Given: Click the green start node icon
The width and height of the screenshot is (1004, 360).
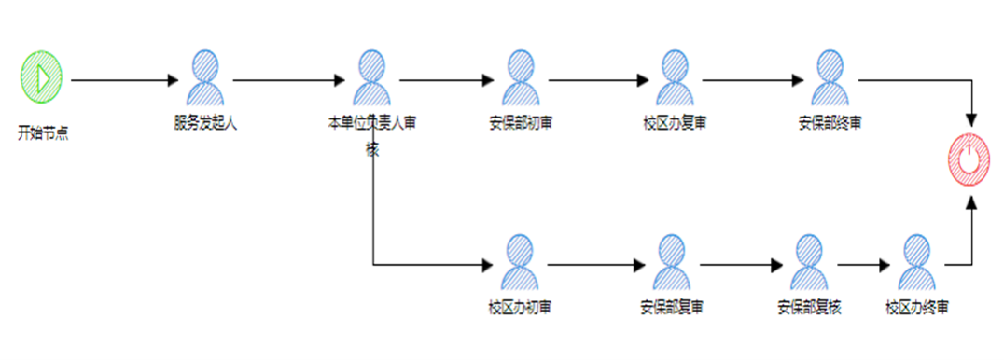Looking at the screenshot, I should (41, 77).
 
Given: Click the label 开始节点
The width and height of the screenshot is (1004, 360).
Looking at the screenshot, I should (43, 132).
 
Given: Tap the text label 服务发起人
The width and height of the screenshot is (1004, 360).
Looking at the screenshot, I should (205, 122).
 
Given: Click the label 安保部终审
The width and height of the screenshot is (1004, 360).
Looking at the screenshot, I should (830, 122).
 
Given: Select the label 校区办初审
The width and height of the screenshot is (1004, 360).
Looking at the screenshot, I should (520, 307).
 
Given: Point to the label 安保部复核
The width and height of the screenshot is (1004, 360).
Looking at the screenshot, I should (809, 307).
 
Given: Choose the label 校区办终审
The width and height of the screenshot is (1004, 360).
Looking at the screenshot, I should (917, 307).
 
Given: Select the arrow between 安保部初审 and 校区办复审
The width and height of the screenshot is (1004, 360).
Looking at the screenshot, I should (597, 81).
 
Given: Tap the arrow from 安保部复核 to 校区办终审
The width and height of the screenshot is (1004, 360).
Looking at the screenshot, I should (864, 266).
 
